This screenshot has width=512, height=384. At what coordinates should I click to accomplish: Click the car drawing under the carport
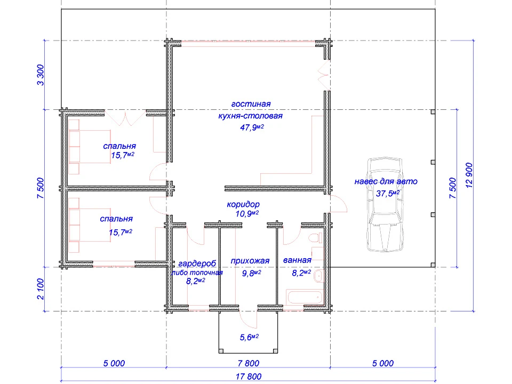tap(385, 205)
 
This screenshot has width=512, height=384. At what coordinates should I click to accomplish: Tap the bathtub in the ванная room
tap(305, 298)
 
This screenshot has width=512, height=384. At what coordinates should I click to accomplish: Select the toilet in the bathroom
tap(316, 238)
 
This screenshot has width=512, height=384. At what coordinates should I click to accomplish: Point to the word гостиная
tap(251, 104)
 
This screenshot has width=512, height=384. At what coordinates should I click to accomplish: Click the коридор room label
tap(243, 204)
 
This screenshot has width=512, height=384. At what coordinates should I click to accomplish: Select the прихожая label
tap(250, 261)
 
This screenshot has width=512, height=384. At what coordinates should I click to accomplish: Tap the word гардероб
tap(197, 263)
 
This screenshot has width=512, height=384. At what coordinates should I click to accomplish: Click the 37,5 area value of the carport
tap(388, 193)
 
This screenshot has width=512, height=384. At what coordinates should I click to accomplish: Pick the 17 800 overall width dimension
tap(249, 377)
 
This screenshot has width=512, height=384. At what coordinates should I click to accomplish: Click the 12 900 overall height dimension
tap(469, 175)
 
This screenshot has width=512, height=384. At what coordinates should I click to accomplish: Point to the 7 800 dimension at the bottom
tap(249, 363)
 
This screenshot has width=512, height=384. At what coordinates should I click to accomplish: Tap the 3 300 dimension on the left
tap(40, 75)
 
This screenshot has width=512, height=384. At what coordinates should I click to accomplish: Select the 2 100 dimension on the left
tap(40, 289)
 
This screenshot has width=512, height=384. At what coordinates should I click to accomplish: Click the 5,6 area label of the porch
tap(249, 337)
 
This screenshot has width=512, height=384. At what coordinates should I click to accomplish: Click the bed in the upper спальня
tap(90, 147)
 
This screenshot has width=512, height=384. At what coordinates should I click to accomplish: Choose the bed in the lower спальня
tap(90, 225)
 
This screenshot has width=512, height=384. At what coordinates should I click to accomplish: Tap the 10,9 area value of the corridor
tap(247, 213)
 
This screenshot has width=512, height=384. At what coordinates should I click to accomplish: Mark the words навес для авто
tap(386, 181)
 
